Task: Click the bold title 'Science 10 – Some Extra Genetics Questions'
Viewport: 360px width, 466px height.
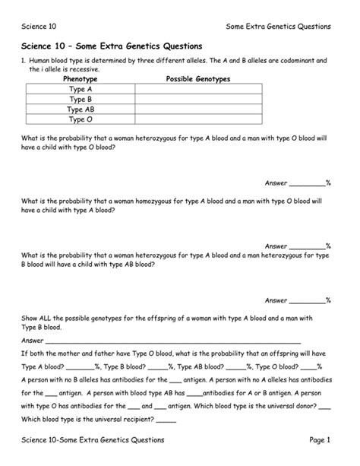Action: pyautogui.click(x=111, y=46)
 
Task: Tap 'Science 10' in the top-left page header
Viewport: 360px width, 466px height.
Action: pyautogui.click(x=39, y=27)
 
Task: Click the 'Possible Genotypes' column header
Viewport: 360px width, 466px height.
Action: pyautogui.click(x=198, y=79)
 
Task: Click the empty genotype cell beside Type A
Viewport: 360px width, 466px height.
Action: pyautogui.click(x=198, y=90)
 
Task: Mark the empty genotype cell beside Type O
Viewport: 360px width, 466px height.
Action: pyautogui.click(x=198, y=119)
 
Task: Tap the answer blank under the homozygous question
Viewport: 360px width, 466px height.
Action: pyautogui.click(x=308, y=246)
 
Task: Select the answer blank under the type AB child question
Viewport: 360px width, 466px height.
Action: pyautogui.click(x=308, y=300)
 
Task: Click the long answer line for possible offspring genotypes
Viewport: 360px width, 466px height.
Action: pyautogui.click(x=175, y=342)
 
